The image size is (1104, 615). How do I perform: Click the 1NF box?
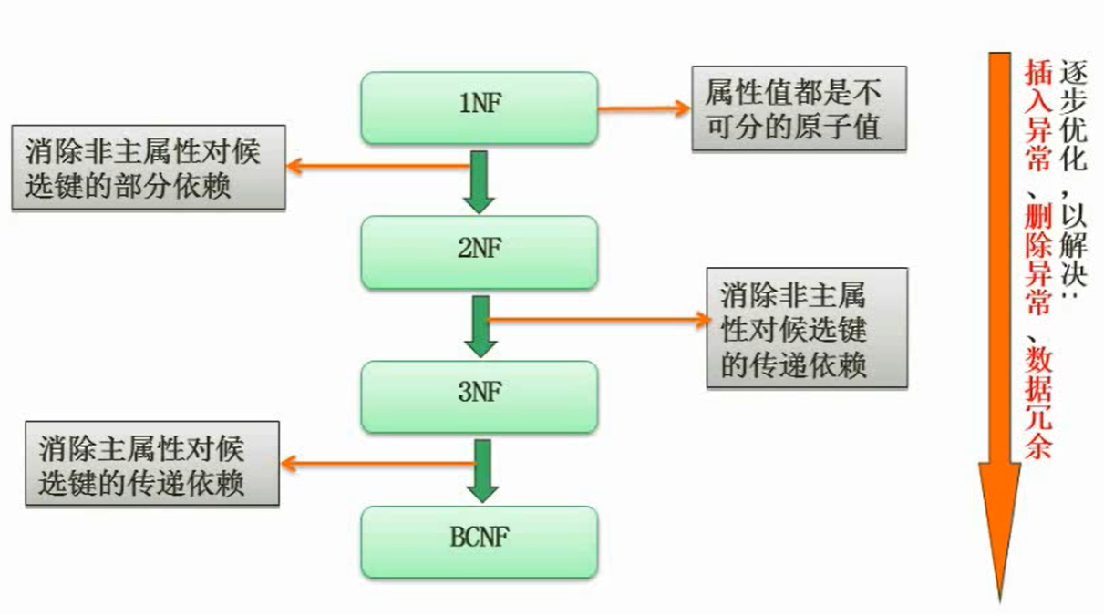pyautogui.click(x=480, y=108)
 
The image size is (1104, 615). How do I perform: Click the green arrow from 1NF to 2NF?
pyautogui.click(x=480, y=182)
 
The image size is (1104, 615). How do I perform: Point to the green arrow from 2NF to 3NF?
pyautogui.click(x=480, y=326)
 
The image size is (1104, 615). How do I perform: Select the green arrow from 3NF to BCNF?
pyautogui.click(x=481, y=470)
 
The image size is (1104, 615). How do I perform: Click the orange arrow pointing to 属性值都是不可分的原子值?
pyautogui.click(x=644, y=108)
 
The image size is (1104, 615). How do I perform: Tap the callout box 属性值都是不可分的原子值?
pyautogui.click(x=799, y=108)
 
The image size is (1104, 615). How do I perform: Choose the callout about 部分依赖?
pyautogui.click(x=148, y=168)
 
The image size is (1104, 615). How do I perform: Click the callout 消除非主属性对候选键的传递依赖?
pyautogui.click(x=807, y=328)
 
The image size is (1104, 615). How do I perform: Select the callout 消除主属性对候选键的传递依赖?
pyautogui.click(x=151, y=463)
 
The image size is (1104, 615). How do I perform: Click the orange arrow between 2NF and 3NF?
pyautogui.click(x=597, y=319)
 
